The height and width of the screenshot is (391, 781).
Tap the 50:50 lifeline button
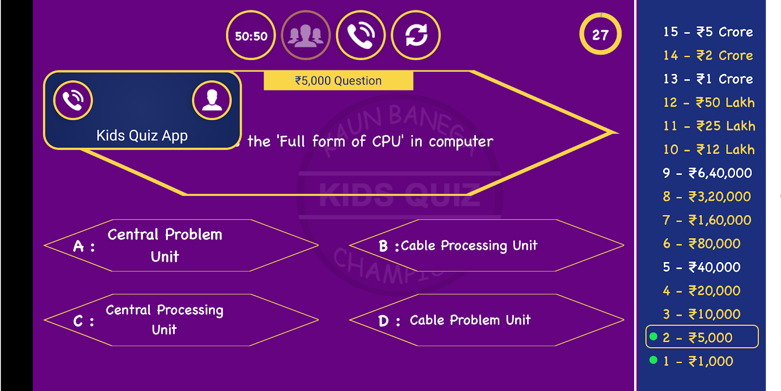(251, 36)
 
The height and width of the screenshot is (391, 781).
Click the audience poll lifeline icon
(306, 36)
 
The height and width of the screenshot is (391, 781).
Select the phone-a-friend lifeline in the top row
(361, 36)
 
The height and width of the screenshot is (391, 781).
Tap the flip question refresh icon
(416, 36)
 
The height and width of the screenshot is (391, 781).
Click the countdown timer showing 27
(600, 34)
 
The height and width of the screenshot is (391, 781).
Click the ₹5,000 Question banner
(338, 81)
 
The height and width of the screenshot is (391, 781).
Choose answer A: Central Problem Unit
(181, 245)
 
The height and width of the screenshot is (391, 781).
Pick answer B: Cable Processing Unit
(487, 245)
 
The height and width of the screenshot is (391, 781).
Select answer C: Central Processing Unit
(181, 320)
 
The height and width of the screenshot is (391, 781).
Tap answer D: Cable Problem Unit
(487, 320)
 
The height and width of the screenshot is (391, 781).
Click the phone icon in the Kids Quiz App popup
(73, 100)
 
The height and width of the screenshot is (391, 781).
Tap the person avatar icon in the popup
(212, 100)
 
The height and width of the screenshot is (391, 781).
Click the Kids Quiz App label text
(142, 135)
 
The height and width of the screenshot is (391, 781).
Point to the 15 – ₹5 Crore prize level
(708, 32)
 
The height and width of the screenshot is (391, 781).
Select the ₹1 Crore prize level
(708, 79)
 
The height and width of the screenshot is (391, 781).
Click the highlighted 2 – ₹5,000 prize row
(702, 337)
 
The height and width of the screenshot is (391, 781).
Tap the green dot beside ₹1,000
(654, 360)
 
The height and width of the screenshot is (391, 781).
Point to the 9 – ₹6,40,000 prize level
(707, 173)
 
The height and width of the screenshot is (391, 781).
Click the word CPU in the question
(388, 141)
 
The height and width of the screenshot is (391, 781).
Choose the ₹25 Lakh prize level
(709, 126)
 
